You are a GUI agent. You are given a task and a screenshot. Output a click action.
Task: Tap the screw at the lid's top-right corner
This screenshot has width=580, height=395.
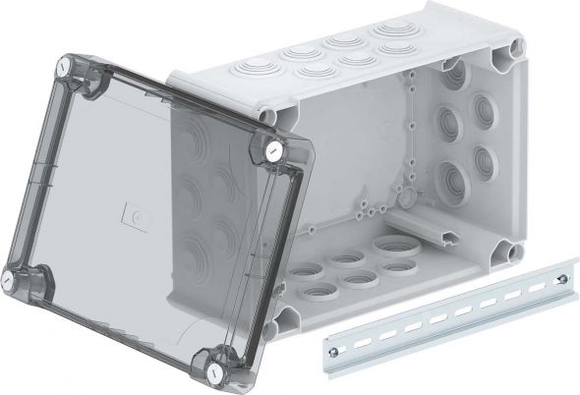(272, 150)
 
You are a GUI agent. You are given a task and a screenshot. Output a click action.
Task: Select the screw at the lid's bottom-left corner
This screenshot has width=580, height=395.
(14, 279)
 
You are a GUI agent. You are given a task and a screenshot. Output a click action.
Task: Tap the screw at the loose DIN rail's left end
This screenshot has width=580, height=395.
(335, 343)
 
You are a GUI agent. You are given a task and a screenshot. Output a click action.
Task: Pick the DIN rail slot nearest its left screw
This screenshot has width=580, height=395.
(361, 336)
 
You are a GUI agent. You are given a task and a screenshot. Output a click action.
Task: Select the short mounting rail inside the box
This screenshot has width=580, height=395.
(450, 233)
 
